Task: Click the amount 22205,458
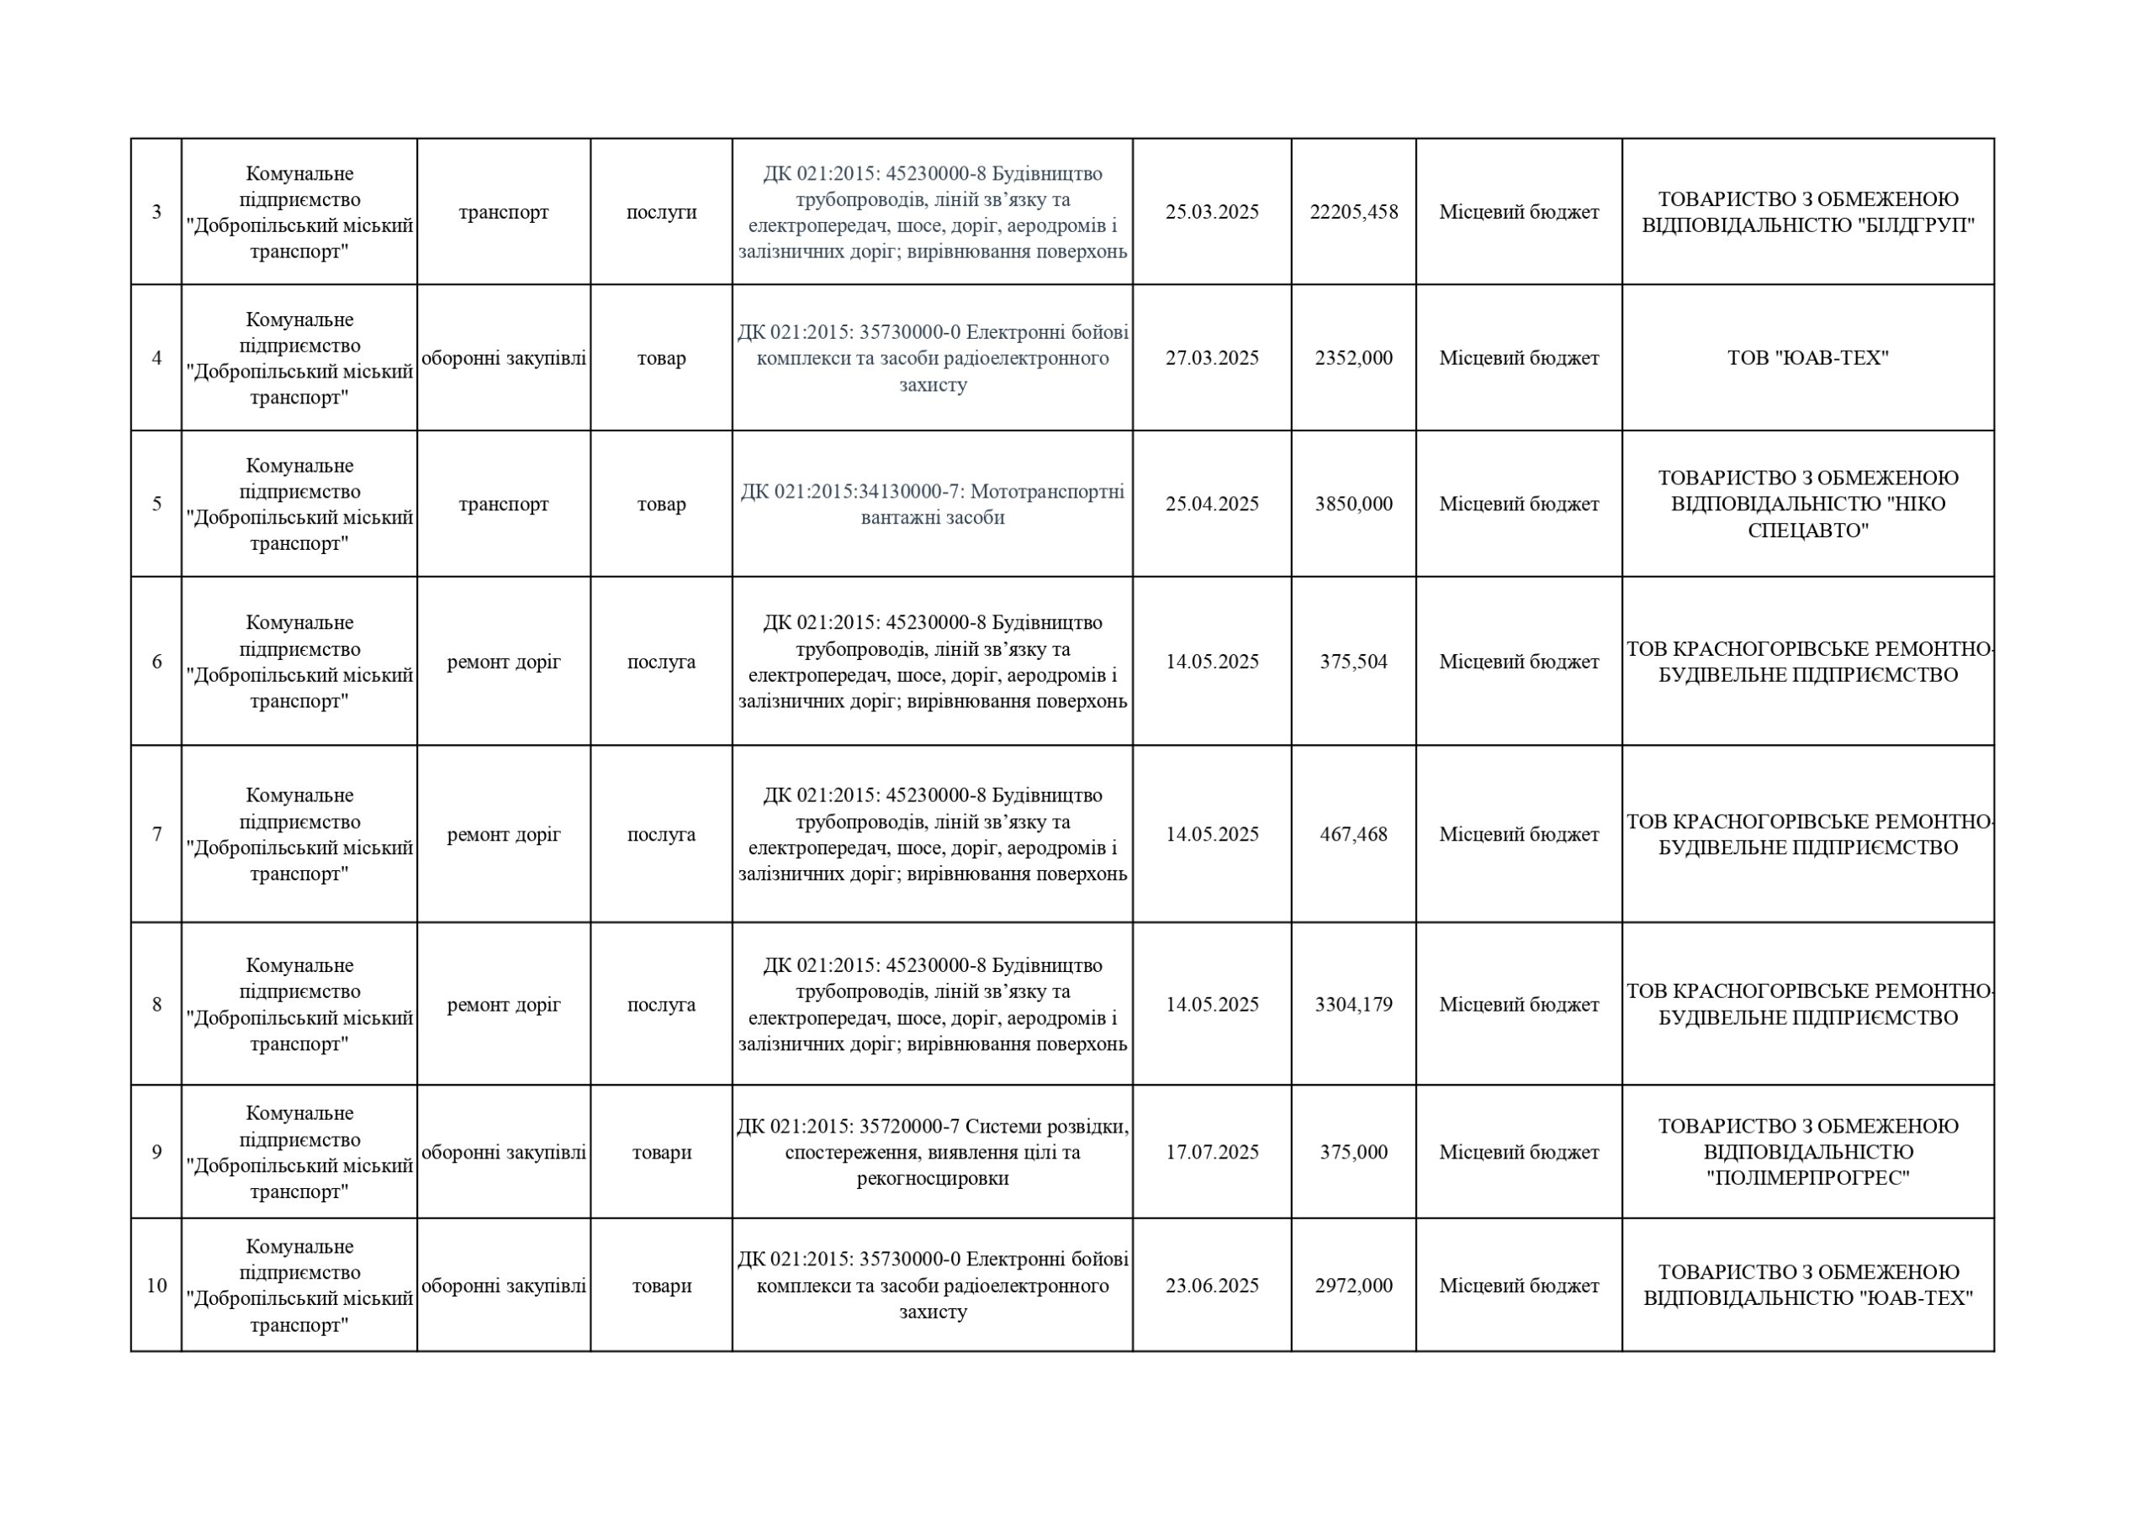(x=1353, y=212)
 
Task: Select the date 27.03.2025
(x=1212, y=358)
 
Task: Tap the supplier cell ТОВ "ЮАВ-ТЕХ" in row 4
(x=1807, y=358)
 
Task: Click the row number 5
(x=156, y=504)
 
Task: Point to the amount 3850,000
(x=1353, y=504)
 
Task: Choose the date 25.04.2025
(x=1212, y=504)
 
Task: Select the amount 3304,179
(x=1353, y=1004)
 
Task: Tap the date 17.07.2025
(x=1212, y=1152)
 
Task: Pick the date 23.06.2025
(x=1212, y=1286)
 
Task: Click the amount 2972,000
(x=1353, y=1286)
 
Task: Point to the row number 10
(x=156, y=1286)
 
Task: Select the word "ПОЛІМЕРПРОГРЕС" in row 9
(x=1807, y=1178)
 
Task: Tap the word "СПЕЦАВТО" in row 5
(x=1807, y=531)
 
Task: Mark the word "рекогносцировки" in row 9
(x=932, y=1178)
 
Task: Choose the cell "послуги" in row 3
(x=661, y=212)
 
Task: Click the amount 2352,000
(x=1353, y=358)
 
